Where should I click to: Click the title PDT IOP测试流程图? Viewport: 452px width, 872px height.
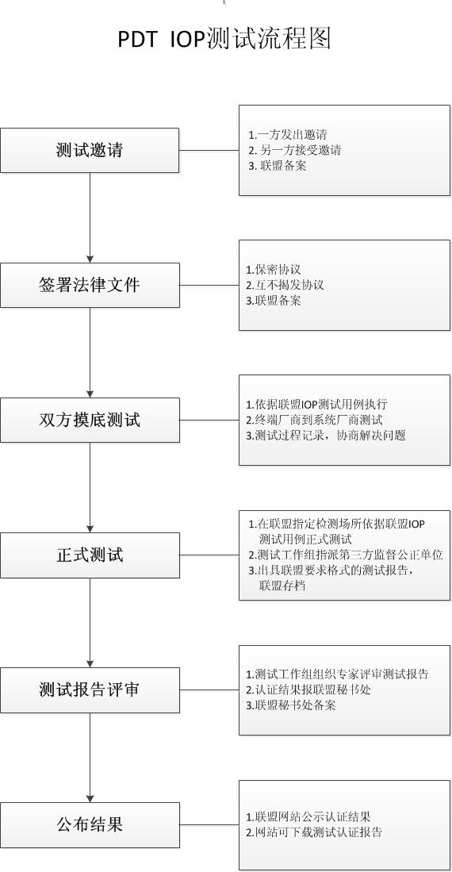coord(224,40)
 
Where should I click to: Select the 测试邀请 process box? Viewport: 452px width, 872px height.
coord(90,150)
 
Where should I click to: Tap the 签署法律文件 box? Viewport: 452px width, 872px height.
coord(90,285)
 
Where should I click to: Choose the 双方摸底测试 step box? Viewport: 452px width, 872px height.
coord(90,420)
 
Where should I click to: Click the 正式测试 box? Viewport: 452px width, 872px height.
coord(90,555)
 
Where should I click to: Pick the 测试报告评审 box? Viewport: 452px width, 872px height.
coord(90,690)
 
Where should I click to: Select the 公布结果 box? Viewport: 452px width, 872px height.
coord(90,824)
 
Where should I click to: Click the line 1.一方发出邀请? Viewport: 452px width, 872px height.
coord(287,135)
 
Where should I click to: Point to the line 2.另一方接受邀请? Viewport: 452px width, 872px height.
coord(295,150)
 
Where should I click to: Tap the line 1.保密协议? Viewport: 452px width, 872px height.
coord(274,270)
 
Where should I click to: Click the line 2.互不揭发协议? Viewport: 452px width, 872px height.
coord(285,286)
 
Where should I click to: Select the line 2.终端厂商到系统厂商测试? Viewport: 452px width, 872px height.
coord(314,421)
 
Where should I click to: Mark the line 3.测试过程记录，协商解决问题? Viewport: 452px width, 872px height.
coord(326,436)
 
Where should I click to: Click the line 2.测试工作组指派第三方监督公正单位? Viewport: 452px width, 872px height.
coord(345,555)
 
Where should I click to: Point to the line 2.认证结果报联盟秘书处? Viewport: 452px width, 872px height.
coord(308,690)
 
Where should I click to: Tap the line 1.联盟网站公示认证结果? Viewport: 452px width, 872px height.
coord(308,817)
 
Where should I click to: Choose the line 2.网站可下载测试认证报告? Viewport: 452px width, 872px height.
coord(314,832)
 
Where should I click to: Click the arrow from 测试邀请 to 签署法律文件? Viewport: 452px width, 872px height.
coord(90,217)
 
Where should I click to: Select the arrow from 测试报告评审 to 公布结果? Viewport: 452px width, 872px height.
coord(90,758)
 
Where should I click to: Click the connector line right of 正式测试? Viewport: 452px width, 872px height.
coord(209,555)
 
